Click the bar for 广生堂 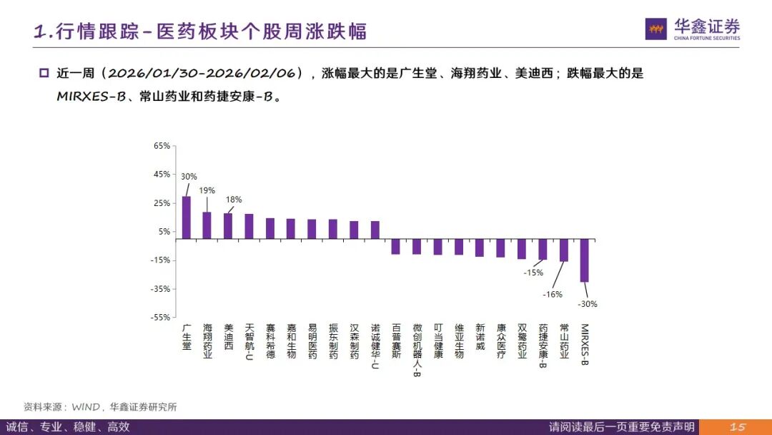187,217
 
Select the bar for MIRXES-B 584,260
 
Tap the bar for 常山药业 563,250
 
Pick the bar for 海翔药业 207,225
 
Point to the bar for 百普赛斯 395,246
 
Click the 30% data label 189,177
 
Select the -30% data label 588,304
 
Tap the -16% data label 553,294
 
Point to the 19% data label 207,190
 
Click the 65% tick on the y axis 162,146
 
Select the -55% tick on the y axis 161,318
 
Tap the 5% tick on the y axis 164,232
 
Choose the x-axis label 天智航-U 249,342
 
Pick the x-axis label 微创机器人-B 417,350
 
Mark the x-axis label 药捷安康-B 543,346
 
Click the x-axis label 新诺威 480,337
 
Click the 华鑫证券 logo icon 655,29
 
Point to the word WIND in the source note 87,407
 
